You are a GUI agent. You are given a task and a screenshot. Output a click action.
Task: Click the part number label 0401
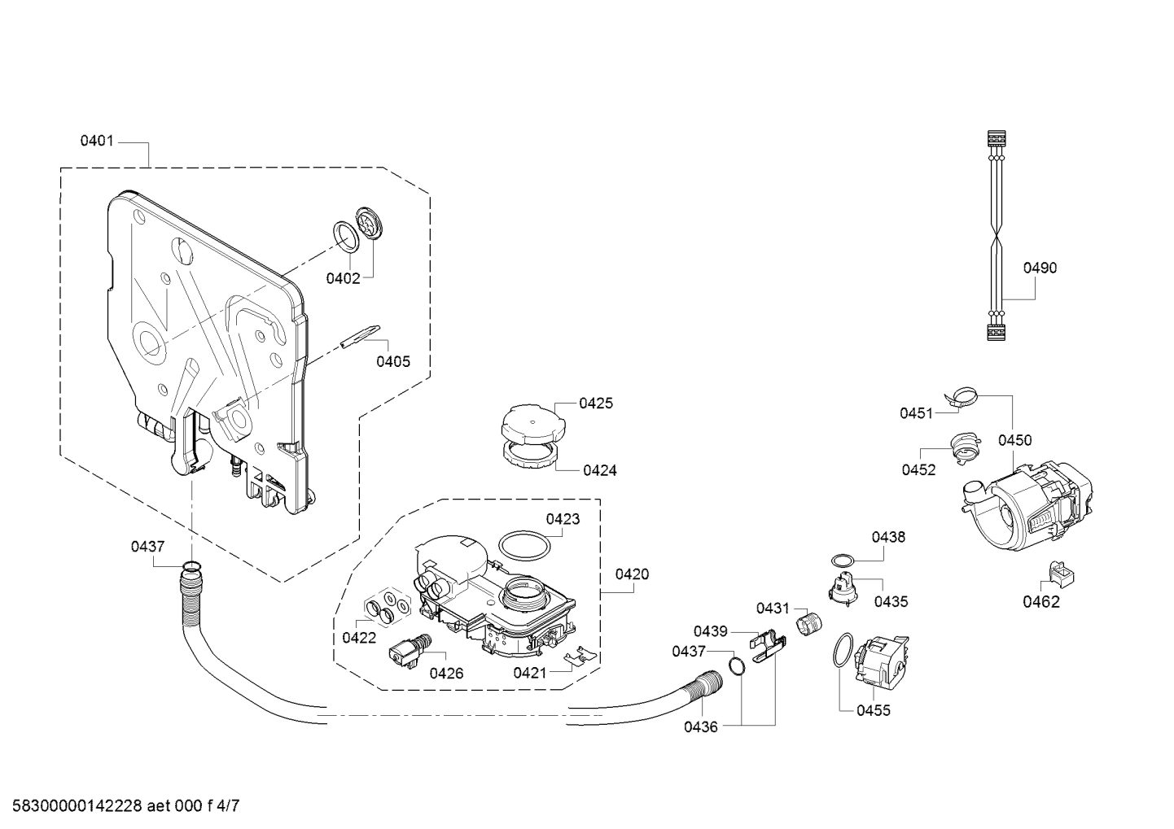[x=97, y=141]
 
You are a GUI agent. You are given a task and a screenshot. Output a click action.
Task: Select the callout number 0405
[x=393, y=361]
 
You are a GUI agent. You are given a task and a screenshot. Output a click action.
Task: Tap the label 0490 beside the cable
[x=1040, y=268]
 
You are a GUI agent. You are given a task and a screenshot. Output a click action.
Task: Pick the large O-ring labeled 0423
[x=523, y=545]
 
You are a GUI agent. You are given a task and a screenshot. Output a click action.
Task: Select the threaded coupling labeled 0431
[x=808, y=624]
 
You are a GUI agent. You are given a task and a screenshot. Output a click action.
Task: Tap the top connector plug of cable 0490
[x=996, y=138]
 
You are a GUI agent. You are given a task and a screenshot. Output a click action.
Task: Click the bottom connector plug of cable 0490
[x=996, y=332]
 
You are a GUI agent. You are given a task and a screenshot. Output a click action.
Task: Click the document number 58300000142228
[x=77, y=806]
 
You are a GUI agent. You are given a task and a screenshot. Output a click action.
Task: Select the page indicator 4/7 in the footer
[x=227, y=806]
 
